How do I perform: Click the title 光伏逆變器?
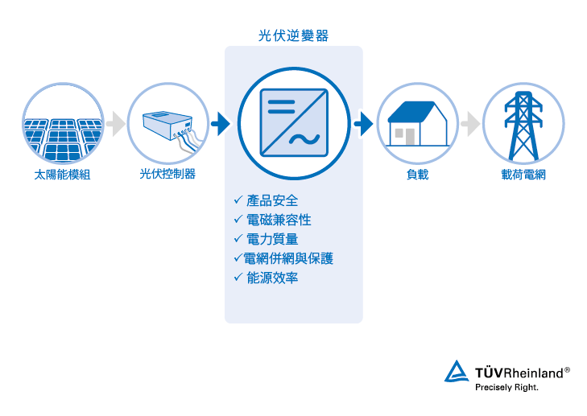click(293, 36)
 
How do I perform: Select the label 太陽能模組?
click(62, 175)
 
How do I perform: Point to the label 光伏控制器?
click(167, 174)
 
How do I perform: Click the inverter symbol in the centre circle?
click(294, 122)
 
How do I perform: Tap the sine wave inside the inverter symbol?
click(304, 139)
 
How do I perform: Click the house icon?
click(418, 123)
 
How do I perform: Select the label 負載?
click(417, 175)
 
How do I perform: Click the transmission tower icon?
click(523, 126)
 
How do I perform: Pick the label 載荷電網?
click(523, 175)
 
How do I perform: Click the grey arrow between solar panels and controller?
click(116, 123)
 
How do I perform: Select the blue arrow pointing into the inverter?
click(221, 123)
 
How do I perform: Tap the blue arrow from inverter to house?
click(363, 123)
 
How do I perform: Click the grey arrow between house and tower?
click(470, 123)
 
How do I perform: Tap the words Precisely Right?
click(506, 388)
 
